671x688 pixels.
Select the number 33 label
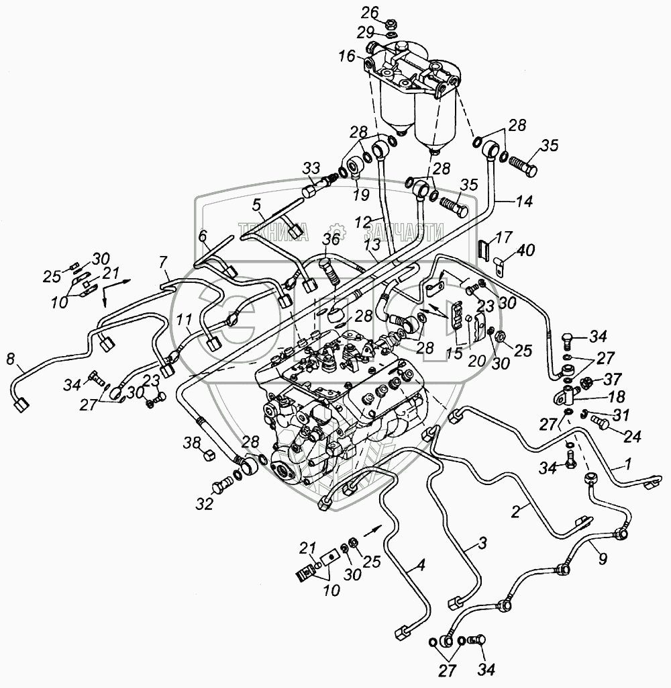click(311, 168)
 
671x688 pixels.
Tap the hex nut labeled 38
click(207, 456)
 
